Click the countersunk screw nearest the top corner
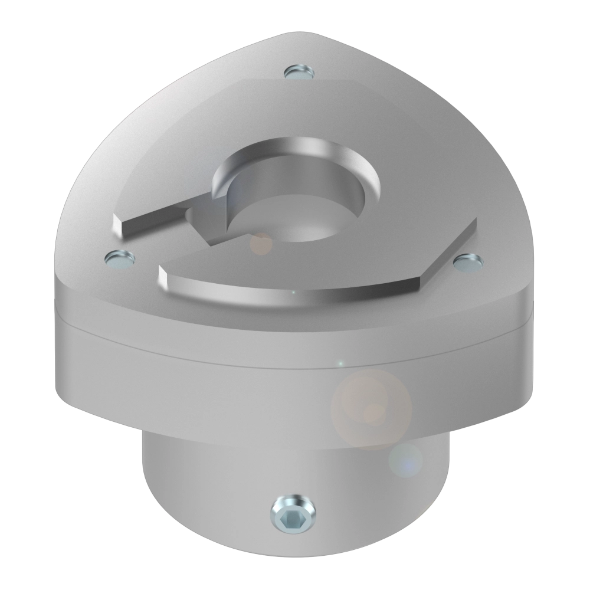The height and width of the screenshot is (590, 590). tap(299, 73)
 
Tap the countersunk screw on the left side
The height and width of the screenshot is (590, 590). tap(120, 258)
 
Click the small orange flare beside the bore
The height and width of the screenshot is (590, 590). tap(260, 243)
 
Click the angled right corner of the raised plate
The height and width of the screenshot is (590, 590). tap(472, 224)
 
